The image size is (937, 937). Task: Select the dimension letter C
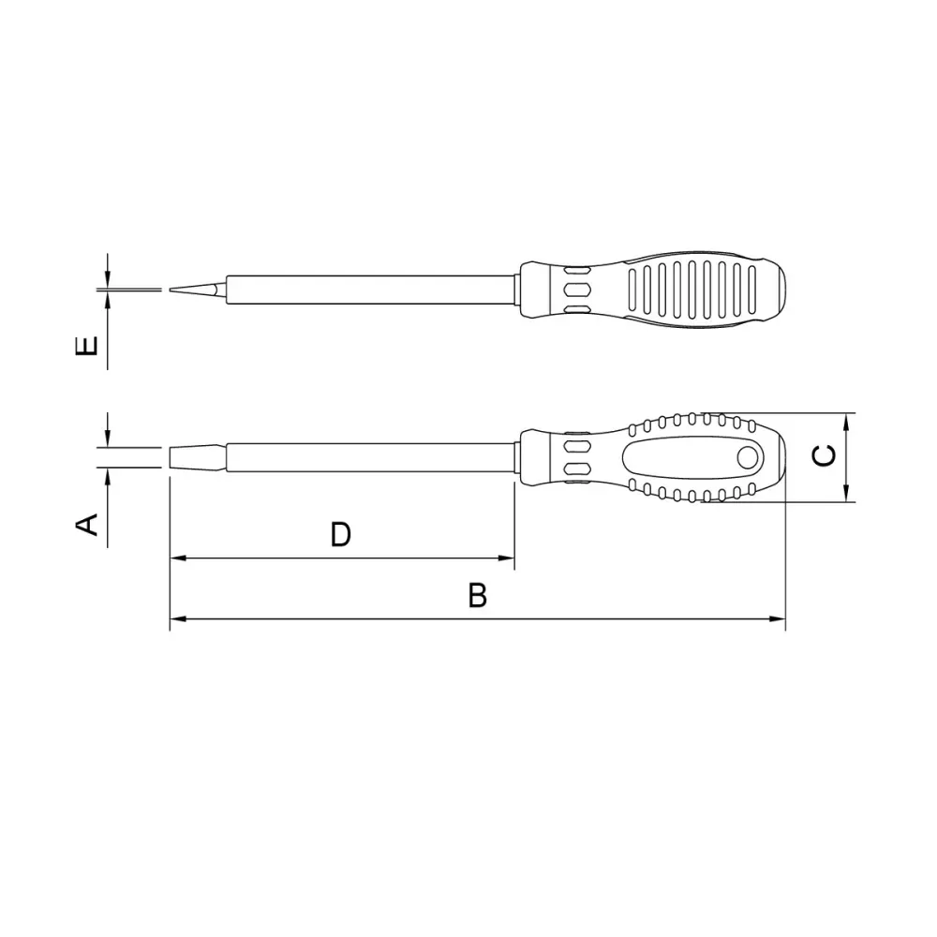coord(824,455)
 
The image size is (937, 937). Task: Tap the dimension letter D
coord(340,535)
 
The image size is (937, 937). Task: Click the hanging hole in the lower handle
coord(748,457)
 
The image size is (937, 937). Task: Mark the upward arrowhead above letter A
coord(109,477)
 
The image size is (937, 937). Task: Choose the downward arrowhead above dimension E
coord(109,279)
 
